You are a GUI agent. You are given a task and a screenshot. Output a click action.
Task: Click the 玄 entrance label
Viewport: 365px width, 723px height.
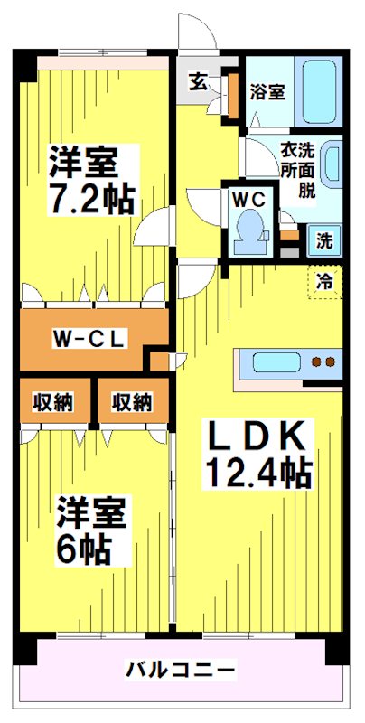(x=197, y=80)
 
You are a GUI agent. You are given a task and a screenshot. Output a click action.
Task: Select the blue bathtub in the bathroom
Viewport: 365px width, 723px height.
(x=320, y=93)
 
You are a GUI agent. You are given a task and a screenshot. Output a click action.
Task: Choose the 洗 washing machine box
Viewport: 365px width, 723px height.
(x=323, y=241)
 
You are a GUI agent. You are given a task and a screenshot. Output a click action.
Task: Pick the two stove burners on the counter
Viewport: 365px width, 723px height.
(x=323, y=363)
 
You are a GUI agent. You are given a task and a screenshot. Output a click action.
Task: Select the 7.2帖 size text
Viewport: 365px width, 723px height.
(x=89, y=198)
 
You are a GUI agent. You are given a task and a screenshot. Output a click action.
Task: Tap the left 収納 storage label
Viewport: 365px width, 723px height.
(x=54, y=401)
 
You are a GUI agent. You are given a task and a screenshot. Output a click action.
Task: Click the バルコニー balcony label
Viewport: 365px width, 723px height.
(x=181, y=670)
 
